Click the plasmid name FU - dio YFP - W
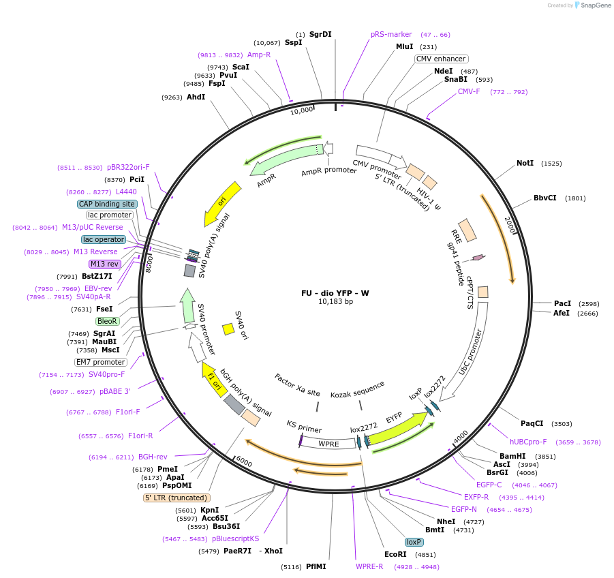pyautogui.click(x=335, y=293)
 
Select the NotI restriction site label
pyautogui.click(x=525, y=164)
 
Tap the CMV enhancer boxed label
pyautogui.click(x=442, y=59)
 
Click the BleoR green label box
pyautogui.click(x=107, y=321)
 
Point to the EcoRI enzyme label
pyautogui.click(x=395, y=554)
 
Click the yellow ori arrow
pyautogui.click(x=223, y=204)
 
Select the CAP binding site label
pyautogui.click(x=107, y=204)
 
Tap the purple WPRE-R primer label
pyautogui.click(x=369, y=566)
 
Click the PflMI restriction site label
pyautogui.click(x=316, y=566)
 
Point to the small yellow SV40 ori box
pyautogui.click(x=228, y=329)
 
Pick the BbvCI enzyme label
pyautogui.click(x=544, y=198)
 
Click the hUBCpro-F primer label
pyautogui.click(x=528, y=442)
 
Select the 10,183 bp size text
pyautogui.click(x=335, y=302)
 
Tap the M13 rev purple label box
pyautogui.click(x=104, y=264)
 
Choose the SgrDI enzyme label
pyautogui.click(x=320, y=34)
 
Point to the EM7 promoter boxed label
pyautogui.click(x=101, y=362)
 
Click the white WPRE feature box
pyautogui.click(x=328, y=444)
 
